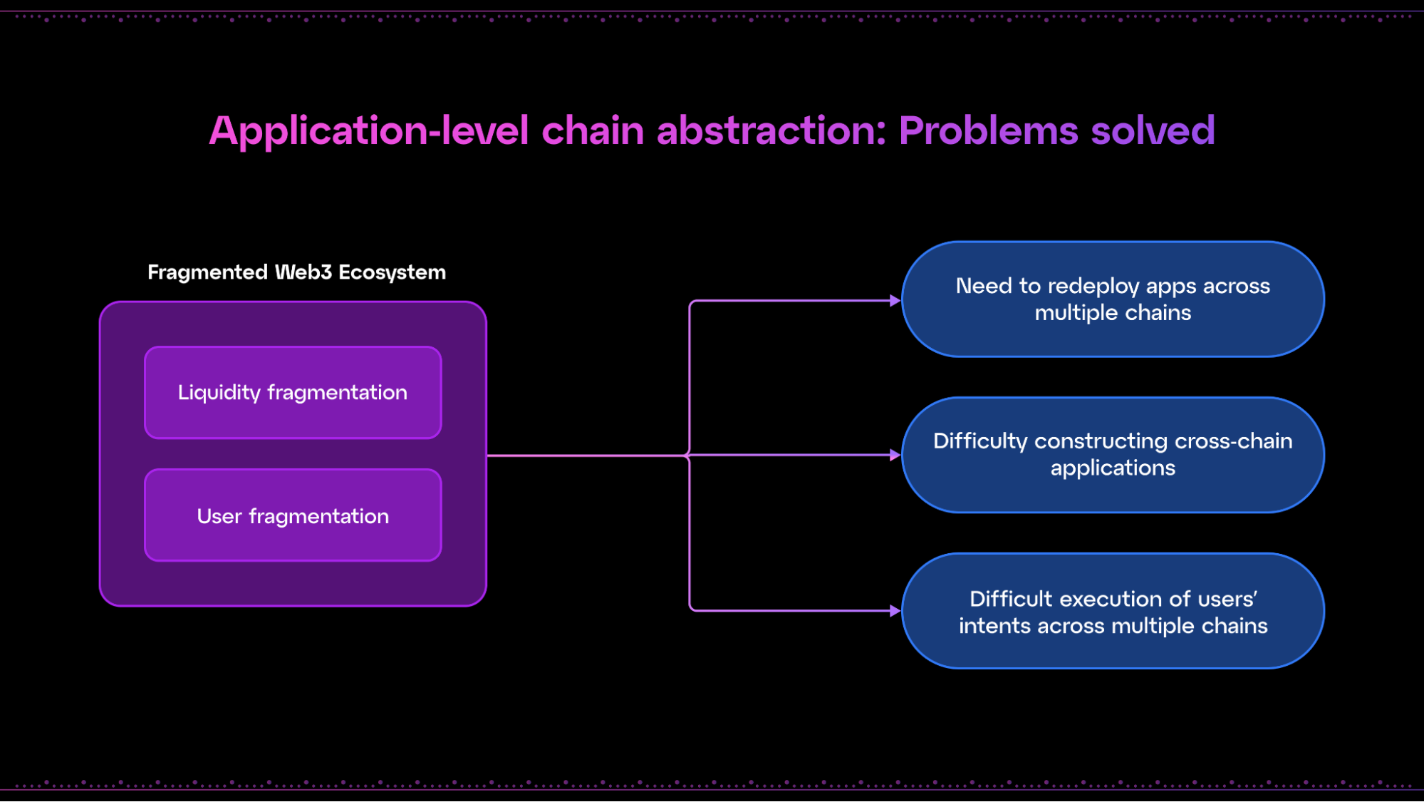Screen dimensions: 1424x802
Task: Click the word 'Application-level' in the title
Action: [x=369, y=132]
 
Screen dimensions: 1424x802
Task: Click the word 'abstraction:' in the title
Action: [x=771, y=130]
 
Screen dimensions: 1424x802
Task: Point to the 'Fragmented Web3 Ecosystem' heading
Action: [x=296, y=272]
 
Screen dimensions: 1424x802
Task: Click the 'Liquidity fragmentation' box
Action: [x=293, y=392]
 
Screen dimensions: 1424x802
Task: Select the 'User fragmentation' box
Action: [x=293, y=515]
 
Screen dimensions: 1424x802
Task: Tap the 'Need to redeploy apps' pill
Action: [x=1113, y=299]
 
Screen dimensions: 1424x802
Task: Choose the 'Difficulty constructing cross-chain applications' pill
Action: [x=1113, y=455]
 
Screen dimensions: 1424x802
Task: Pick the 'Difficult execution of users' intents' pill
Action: [x=1113, y=611]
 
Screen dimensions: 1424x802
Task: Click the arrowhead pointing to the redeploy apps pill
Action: [x=895, y=301]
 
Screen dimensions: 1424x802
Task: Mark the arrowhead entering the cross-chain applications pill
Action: [x=895, y=455]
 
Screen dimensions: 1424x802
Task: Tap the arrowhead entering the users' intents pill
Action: [x=895, y=611]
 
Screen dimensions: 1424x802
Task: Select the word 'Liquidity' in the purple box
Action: [x=219, y=393]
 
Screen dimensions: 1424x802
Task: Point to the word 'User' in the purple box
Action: [x=219, y=516]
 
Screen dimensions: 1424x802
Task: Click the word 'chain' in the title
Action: [x=593, y=130]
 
